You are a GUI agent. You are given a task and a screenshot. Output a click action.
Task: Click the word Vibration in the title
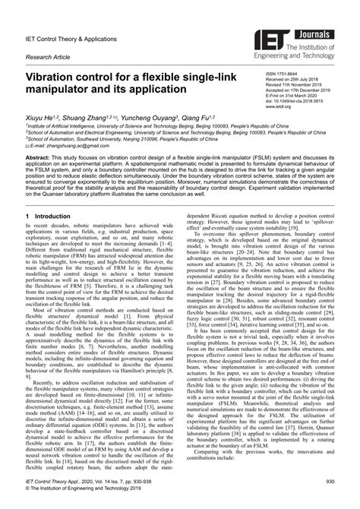58,77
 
